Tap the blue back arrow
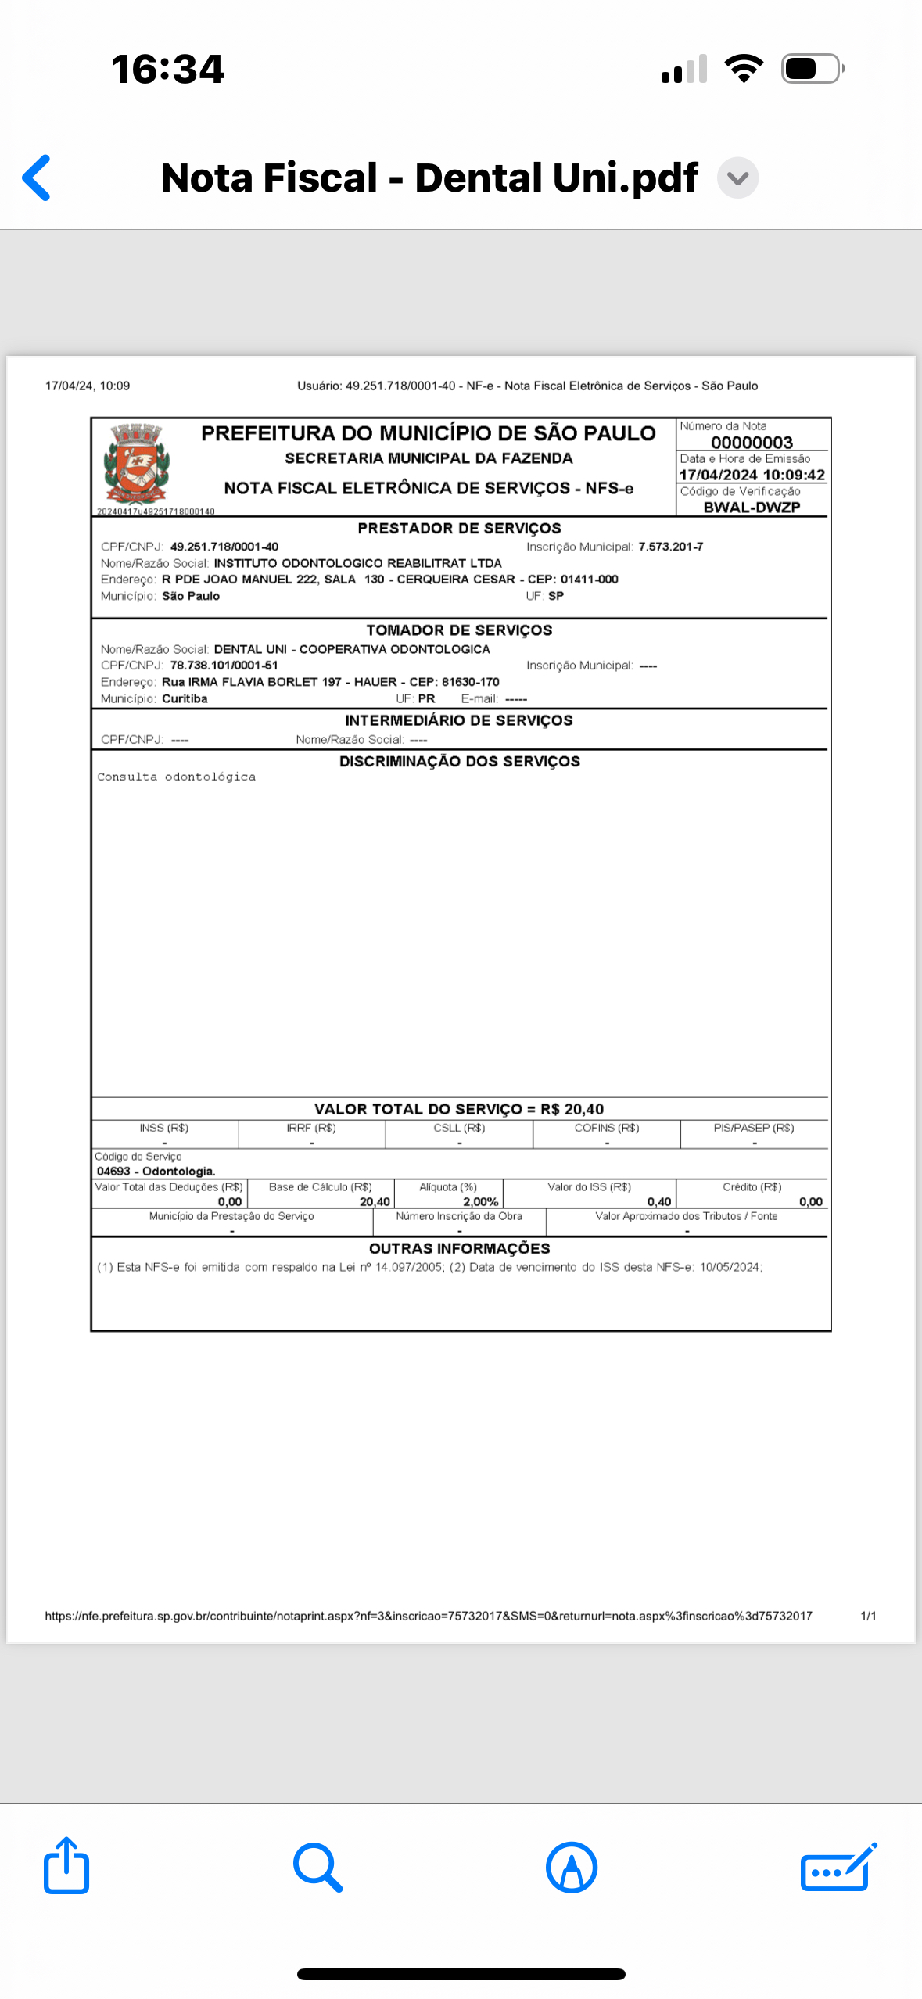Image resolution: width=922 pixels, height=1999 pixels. point(37,178)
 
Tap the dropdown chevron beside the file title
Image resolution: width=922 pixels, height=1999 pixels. point(737,178)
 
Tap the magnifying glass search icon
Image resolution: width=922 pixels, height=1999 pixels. point(317,1867)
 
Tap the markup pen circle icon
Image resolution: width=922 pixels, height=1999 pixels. point(572,1867)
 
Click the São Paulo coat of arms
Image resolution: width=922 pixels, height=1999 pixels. point(136,464)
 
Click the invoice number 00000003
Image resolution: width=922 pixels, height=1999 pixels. point(752,443)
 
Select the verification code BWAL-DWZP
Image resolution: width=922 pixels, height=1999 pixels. point(752,507)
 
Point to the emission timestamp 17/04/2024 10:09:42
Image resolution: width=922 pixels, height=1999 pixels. point(752,475)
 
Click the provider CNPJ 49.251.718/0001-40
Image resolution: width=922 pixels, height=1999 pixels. point(224,547)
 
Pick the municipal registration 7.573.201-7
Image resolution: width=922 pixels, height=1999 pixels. point(670,547)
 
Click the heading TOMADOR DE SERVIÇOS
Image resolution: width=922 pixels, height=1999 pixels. point(459,630)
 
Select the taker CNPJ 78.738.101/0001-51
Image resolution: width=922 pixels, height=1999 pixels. point(224,666)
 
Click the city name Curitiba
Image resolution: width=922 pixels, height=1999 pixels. point(185,698)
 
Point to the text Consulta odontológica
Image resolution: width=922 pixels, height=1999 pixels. point(177,777)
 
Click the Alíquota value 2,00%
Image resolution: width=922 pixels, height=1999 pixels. point(480,1201)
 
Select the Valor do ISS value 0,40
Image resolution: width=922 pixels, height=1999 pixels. point(659,1201)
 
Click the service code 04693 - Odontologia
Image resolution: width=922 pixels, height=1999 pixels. point(156,1171)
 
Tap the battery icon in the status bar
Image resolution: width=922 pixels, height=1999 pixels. point(812,69)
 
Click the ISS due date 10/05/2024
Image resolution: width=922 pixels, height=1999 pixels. point(730,1267)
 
